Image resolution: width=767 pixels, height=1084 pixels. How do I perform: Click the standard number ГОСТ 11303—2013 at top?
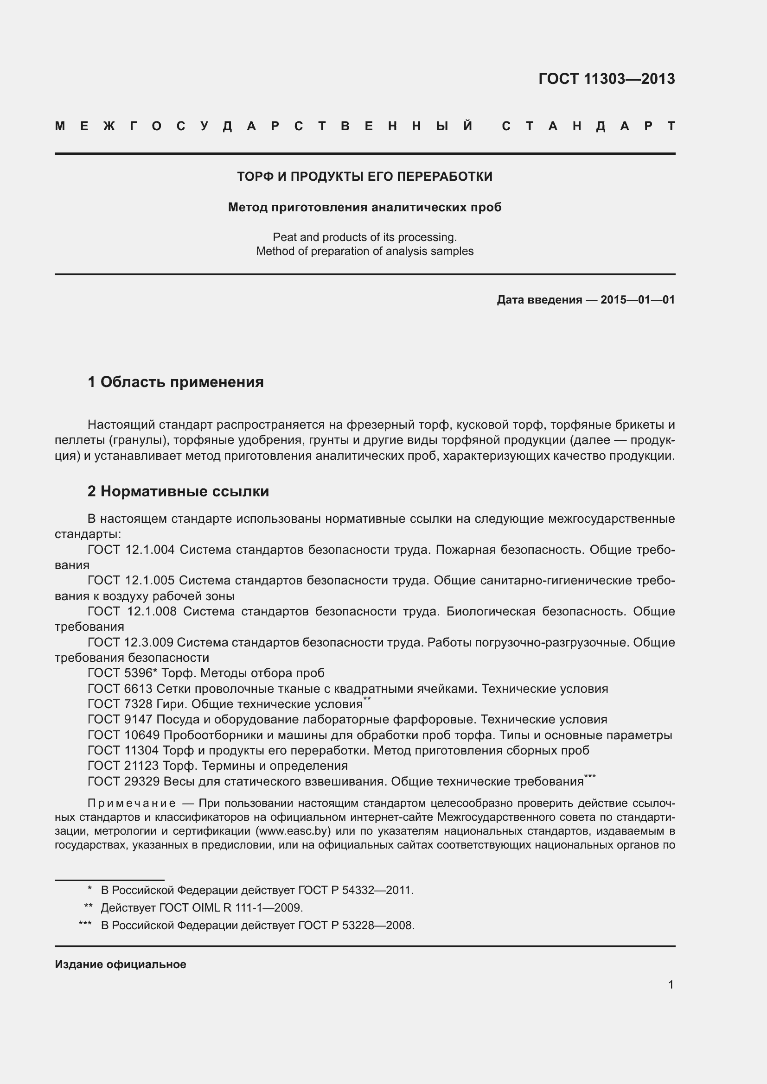coord(607,79)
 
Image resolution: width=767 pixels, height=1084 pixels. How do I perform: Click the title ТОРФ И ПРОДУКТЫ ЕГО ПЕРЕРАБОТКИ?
coord(364,177)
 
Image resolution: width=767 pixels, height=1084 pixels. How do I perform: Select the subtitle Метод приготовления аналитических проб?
coord(364,207)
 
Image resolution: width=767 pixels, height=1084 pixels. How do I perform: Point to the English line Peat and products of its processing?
coord(364,237)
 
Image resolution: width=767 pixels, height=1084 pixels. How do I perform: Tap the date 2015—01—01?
coord(638,300)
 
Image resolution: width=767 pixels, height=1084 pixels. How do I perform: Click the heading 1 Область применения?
coord(176,381)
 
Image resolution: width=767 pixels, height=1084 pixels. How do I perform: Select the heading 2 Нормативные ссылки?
coord(178,491)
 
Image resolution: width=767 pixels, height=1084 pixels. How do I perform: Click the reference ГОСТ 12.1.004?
coord(131,550)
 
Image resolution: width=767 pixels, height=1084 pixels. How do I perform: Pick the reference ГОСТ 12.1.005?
coord(131,580)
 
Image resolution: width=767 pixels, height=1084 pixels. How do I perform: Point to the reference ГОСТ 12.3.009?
coord(131,642)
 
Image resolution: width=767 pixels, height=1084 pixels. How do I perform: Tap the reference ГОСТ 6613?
coord(120,688)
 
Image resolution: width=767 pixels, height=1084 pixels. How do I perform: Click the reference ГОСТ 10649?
coord(124,735)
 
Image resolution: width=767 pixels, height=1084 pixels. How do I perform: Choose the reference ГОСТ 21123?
coord(124,766)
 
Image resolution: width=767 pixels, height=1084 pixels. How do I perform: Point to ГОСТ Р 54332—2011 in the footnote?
coord(356,890)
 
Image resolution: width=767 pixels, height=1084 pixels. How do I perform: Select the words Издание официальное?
coord(121,964)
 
